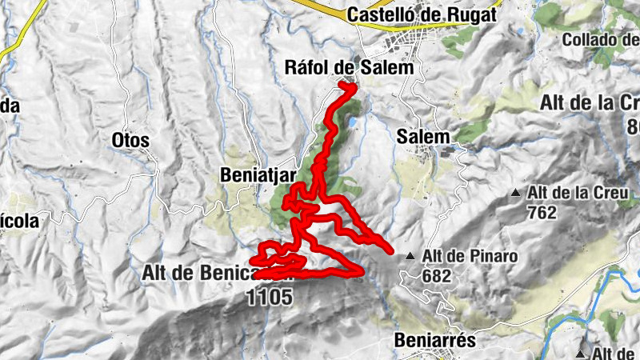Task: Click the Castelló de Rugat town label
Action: pyautogui.click(x=422, y=14)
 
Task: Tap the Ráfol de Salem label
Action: pyautogui.click(x=350, y=69)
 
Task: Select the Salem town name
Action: pyautogui.click(x=423, y=137)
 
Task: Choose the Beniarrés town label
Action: pyautogui.click(x=435, y=340)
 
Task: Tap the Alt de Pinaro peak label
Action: pyautogui.click(x=471, y=257)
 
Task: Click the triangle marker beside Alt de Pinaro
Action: pyautogui.click(x=410, y=257)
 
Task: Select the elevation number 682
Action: pyautogui.click(x=438, y=276)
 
